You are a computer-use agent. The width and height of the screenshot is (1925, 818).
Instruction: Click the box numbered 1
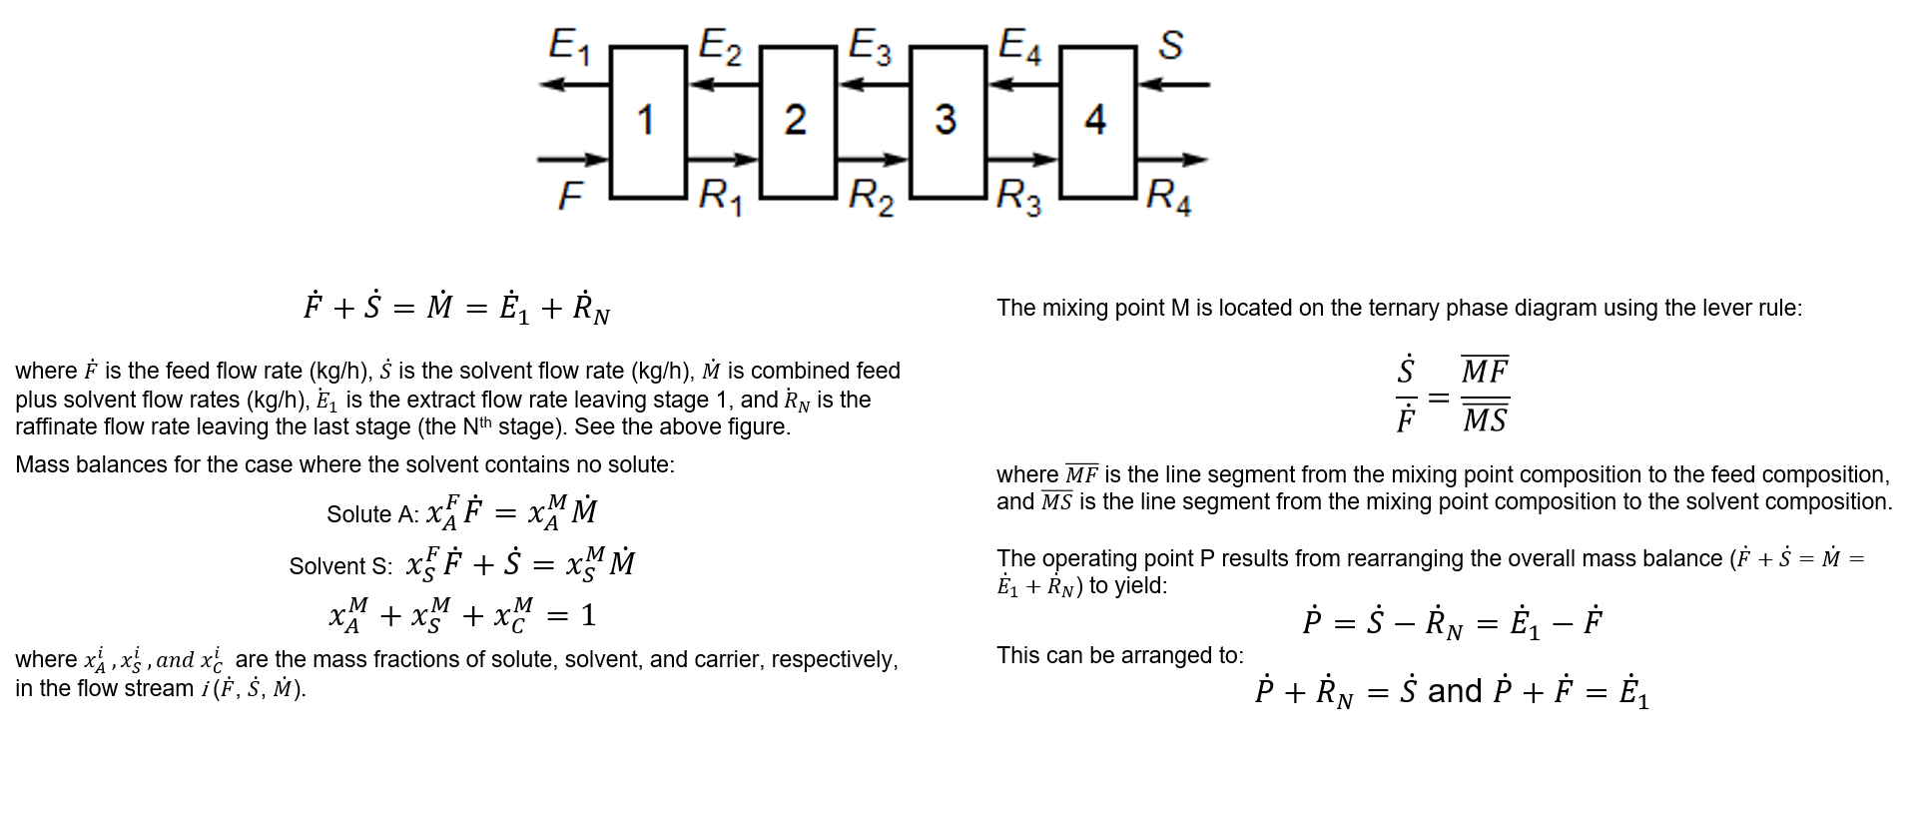coord(648,122)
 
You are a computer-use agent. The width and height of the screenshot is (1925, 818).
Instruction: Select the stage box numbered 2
coord(798,122)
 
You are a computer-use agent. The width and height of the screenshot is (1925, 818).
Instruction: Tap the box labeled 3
coord(948,122)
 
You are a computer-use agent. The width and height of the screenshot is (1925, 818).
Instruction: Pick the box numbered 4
coord(1097,122)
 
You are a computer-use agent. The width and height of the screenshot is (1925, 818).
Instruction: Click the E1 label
coord(569,46)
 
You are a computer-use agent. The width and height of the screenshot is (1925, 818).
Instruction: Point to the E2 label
coord(720,46)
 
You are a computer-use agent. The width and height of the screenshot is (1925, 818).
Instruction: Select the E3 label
coord(870,46)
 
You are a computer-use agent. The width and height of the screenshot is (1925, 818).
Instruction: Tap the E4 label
coord(1019,46)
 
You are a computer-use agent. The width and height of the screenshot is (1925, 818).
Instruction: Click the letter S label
coord(1170,45)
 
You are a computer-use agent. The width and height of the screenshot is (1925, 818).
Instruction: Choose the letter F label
coord(569,196)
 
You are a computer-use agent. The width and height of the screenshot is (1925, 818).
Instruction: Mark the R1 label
coord(720,197)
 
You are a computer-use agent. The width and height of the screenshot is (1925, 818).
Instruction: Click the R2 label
coord(871,197)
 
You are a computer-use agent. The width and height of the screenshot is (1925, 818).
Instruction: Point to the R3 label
coord(1018,197)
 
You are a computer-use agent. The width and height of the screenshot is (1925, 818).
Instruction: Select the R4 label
coord(1168,197)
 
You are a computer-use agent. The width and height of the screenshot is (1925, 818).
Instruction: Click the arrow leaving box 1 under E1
coord(574,85)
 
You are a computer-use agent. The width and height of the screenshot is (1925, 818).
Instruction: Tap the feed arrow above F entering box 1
coord(573,160)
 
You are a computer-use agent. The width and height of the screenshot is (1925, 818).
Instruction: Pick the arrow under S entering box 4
coord(1174,85)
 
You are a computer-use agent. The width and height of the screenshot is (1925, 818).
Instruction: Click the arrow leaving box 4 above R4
coord(1172,160)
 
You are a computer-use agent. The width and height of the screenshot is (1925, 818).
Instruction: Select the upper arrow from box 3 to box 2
coord(874,85)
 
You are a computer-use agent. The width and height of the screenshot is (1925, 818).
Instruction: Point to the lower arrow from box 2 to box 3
coord(873,160)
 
